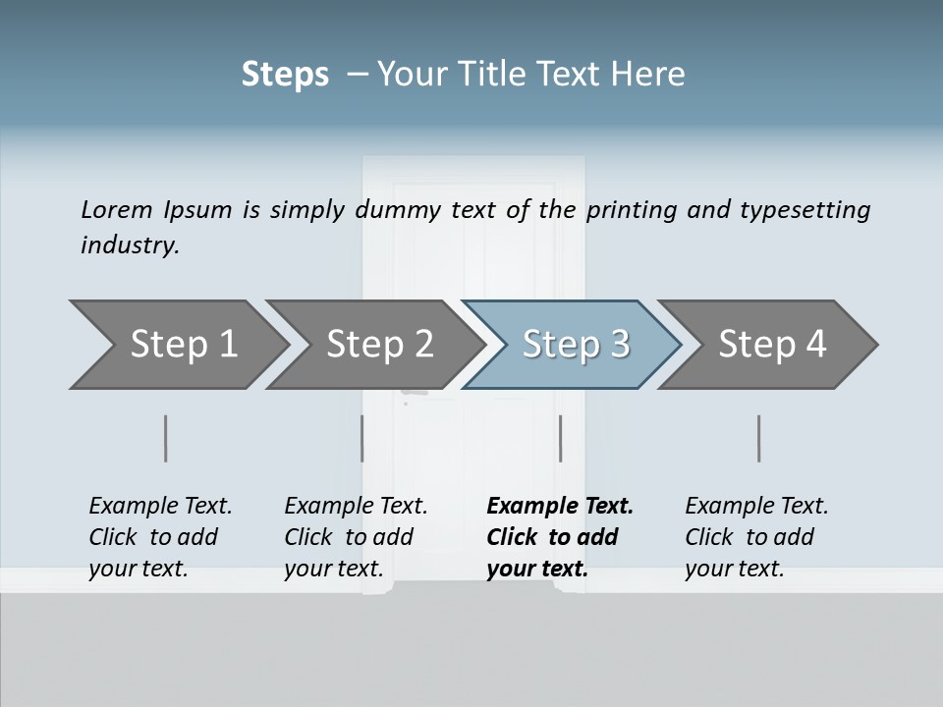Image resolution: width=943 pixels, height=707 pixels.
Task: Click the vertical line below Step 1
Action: pos(166,438)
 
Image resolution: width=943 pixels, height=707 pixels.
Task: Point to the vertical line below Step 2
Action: pos(362,438)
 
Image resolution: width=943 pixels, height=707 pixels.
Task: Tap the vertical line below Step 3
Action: pos(560,438)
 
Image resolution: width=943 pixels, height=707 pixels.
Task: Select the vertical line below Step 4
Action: pos(759,438)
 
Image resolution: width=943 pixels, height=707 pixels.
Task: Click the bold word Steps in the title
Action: pos(285,75)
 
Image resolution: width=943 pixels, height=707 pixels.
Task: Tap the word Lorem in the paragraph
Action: pos(117,209)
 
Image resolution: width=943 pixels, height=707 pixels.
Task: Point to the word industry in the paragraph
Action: pos(130,245)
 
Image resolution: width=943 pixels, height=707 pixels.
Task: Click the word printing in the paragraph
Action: pos(629,210)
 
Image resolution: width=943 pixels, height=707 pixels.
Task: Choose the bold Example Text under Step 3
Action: pos(560,537)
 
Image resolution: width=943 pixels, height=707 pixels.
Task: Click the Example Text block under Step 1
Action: pos(160,537)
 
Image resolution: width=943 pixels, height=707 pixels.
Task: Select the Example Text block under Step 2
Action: pos(356,537)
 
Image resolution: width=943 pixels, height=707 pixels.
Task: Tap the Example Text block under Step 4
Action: pos(756,537)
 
